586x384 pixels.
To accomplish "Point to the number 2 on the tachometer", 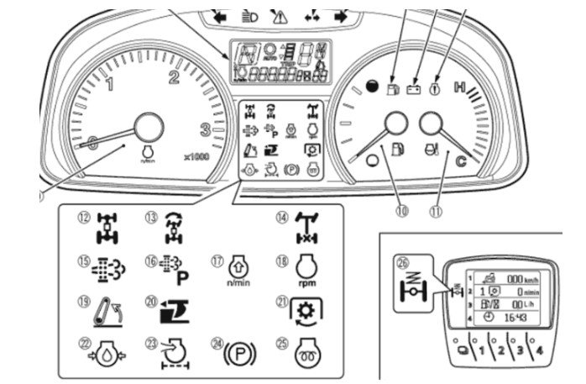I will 175,79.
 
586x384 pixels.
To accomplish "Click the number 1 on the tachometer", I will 109,85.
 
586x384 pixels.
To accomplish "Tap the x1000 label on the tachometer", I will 197,156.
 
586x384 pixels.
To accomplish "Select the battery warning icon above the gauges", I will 413,85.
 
